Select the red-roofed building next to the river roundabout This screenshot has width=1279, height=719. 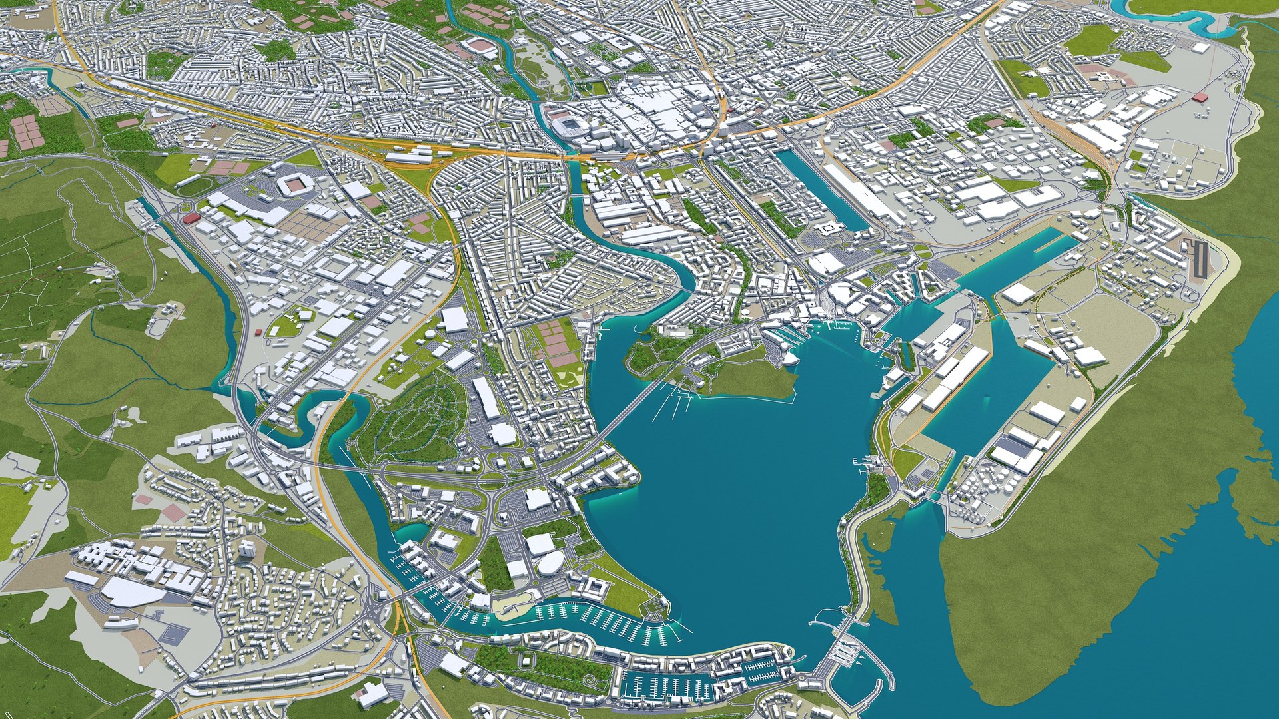[191, 218]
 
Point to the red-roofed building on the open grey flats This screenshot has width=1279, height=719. [1200, 97]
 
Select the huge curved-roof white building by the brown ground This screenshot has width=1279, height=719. [133, 591]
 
